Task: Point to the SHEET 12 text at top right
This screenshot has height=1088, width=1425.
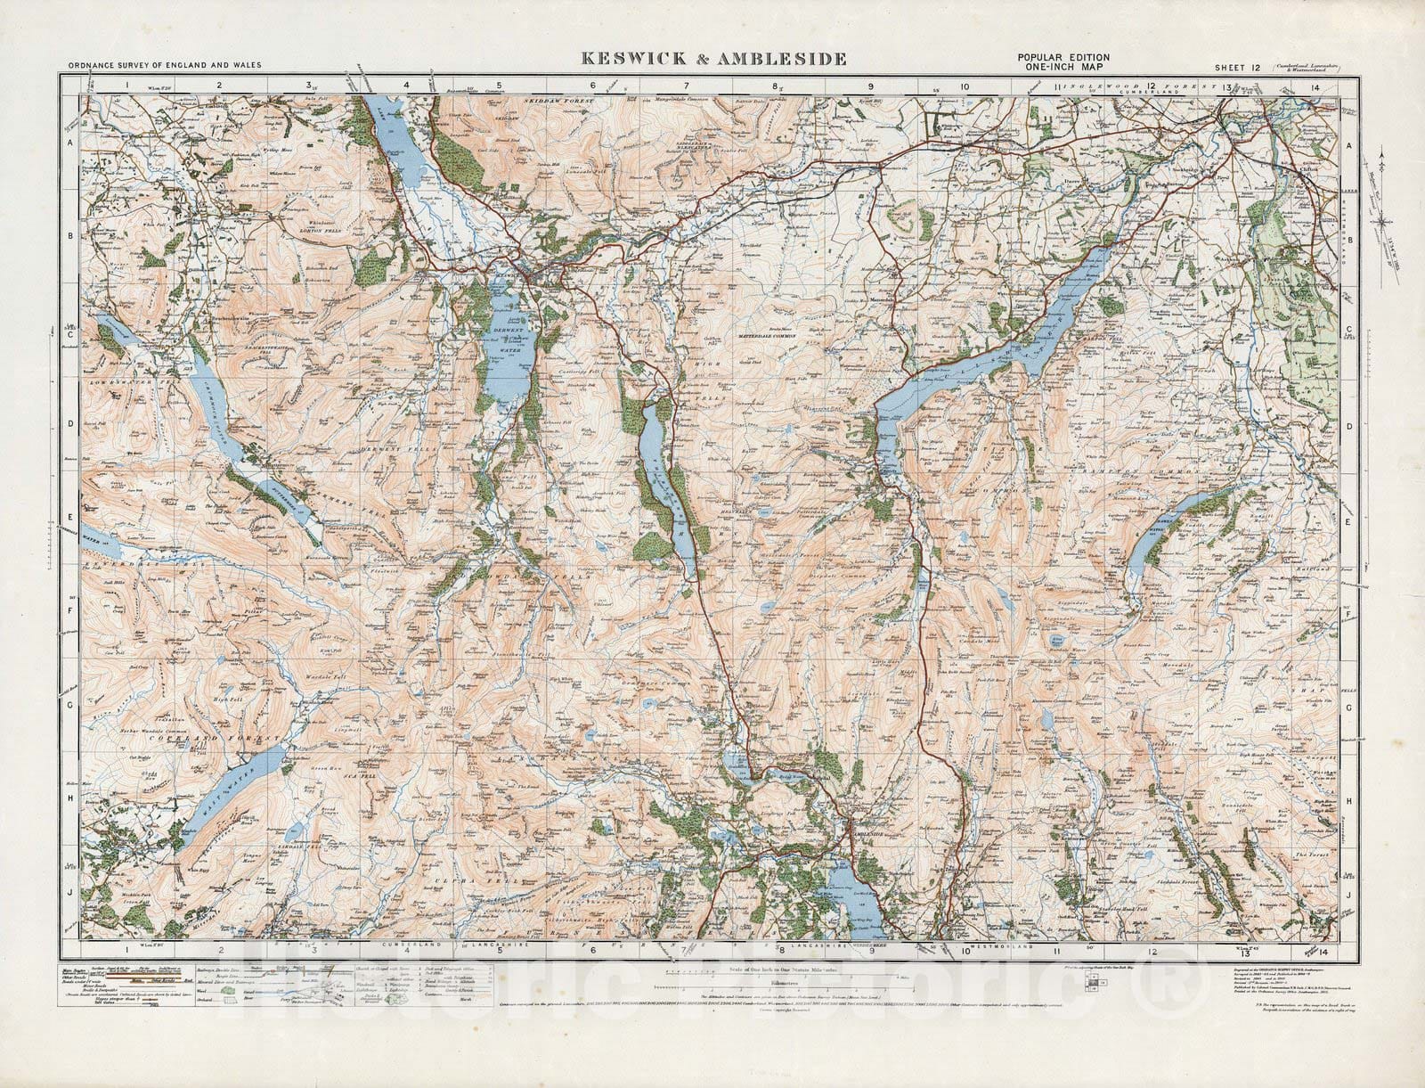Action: click(x=1239, y=67)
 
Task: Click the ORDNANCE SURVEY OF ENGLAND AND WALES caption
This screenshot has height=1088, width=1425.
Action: click(x=156, y=67)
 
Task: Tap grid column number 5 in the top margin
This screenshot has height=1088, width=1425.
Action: click(x=500, y=86)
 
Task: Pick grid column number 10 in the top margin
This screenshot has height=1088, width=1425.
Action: click(x=965, y=86)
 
